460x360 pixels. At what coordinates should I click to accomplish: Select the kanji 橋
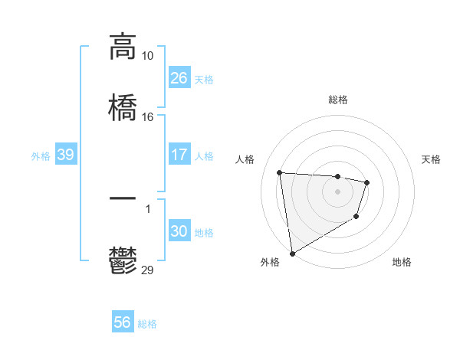(123, 106)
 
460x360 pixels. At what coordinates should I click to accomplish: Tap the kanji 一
(123, 198)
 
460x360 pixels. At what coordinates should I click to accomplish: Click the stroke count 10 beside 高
(148, 55)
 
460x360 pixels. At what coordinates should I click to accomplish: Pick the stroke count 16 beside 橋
(148, 116)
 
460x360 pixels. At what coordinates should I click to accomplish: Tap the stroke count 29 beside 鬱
(148, 270)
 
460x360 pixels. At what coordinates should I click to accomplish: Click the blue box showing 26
(179, 78)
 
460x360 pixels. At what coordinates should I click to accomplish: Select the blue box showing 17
(179, 155)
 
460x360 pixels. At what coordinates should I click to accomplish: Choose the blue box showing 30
(179, 231)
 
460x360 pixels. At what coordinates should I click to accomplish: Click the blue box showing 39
(65, 155)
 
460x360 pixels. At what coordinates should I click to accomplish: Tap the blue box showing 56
(122, 322)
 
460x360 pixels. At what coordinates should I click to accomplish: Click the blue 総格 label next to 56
(147, 324)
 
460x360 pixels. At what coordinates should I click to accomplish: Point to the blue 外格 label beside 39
(41, 155)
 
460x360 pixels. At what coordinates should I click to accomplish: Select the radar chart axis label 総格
(337, 100)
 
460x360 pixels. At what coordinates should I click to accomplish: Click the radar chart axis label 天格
(432, 159)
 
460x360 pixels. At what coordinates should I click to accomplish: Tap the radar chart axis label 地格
(402, 262)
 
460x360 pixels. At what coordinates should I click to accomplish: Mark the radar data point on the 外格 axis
(291, 253)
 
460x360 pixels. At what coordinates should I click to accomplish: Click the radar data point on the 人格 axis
(280, 172)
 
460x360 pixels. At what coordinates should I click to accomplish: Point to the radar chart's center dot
(337, 191)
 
